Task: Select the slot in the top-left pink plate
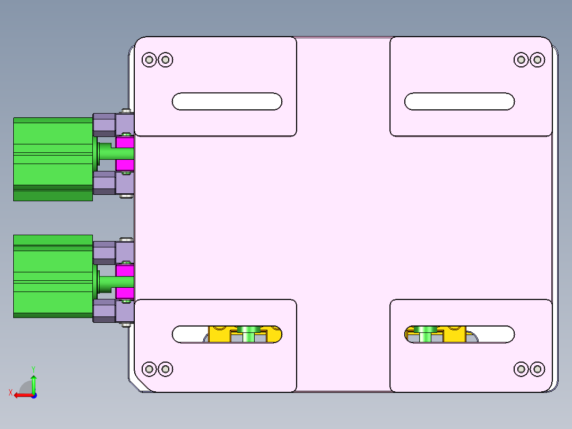pos(227,101)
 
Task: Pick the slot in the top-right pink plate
pos(460,101)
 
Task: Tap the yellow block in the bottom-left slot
pos(218,334)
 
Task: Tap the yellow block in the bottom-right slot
pos(454,334)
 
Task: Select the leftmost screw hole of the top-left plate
pos(150,59)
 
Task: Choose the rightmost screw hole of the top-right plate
pos(538,59)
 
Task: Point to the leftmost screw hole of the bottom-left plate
pos(150,368)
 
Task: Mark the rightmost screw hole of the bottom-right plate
pos(538,368)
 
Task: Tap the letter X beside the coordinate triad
pos(10,393)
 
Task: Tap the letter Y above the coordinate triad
pos(33,368)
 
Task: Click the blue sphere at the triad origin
pos(33,395)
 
